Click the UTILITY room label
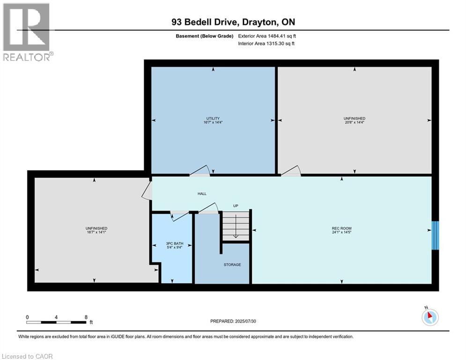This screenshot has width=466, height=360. [x=213, y=118]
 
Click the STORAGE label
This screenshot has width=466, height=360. [x=232, y=265]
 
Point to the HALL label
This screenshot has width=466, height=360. [x=202, y=194]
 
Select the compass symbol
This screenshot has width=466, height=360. [x=429, y=317]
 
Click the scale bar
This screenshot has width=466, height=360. [x=57, y=322]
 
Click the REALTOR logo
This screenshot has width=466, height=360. [x=26, y=32]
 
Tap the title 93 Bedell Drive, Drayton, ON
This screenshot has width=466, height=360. [x=233, y=22]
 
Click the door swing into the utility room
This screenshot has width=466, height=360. [x=199, y=171]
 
